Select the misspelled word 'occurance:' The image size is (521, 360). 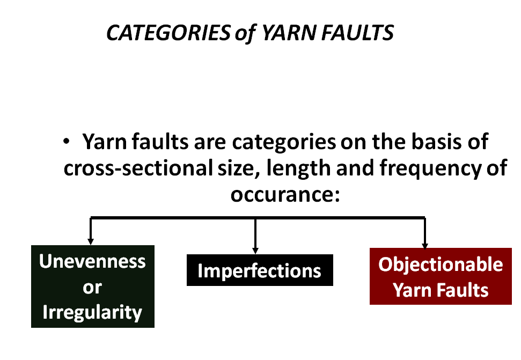pyautogui.click(x=285, y=193)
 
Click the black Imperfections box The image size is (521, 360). pyautogui.click(x=260, y=270)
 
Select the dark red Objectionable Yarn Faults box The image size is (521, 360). pyautogui.click(x=440, y=276)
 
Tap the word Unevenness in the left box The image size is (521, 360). pyautogui.click(x=92, y=261)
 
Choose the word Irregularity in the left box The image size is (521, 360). pyautogui.click(x=92, y=312)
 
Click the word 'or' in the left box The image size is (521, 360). pyautogui.click(x=92, y=287)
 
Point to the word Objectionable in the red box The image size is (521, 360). pyautogui.click(x=441, y=265)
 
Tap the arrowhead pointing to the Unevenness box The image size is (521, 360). pyautogui.click(x=91, y=240)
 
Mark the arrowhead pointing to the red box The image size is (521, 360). pyautogui.click(x=425, y=244)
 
